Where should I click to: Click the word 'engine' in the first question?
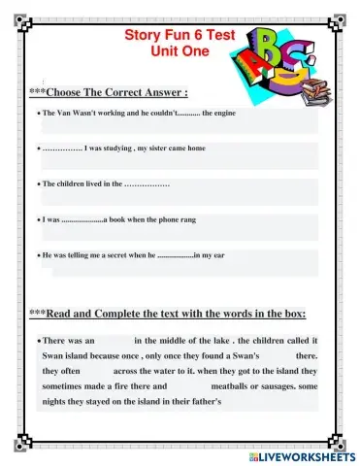[x=226, y=115]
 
